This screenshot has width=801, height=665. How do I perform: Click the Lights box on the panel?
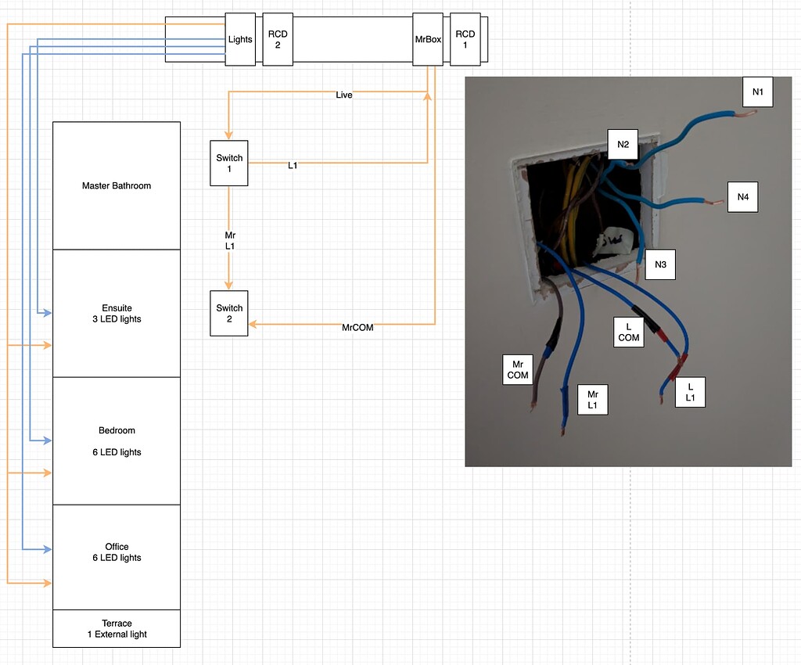tap(240, 39)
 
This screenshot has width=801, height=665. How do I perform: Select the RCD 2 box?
tap(278, 39)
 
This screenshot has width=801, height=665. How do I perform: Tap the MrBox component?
tap(428, 39)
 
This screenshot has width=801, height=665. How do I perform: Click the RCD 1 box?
tap(465, 39)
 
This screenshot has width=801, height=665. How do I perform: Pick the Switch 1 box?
tap(229, 163)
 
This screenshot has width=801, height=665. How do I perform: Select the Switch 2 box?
tap(229, 313)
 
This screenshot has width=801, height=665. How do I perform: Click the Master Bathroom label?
tap(117, 186)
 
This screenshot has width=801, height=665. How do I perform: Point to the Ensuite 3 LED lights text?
tap(117, 314)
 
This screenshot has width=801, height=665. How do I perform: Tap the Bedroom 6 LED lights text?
tap(117, 441)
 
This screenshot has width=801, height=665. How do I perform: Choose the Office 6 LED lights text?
tap(117, 552)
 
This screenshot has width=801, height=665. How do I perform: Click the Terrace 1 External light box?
tap(117, 628)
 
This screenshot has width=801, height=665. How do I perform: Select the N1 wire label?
tap(757, 92)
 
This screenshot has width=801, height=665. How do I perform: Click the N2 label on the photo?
tap(623, 144)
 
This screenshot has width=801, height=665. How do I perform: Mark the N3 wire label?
tap(660, 265)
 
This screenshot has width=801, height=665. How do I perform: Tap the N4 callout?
tap(742, 197)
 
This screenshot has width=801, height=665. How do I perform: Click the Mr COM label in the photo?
tap(518, 369)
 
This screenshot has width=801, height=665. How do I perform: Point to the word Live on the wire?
tap(344, 95)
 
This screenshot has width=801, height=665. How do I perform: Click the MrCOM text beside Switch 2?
tap(357, 328)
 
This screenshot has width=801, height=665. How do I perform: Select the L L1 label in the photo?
tap(690, 393)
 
